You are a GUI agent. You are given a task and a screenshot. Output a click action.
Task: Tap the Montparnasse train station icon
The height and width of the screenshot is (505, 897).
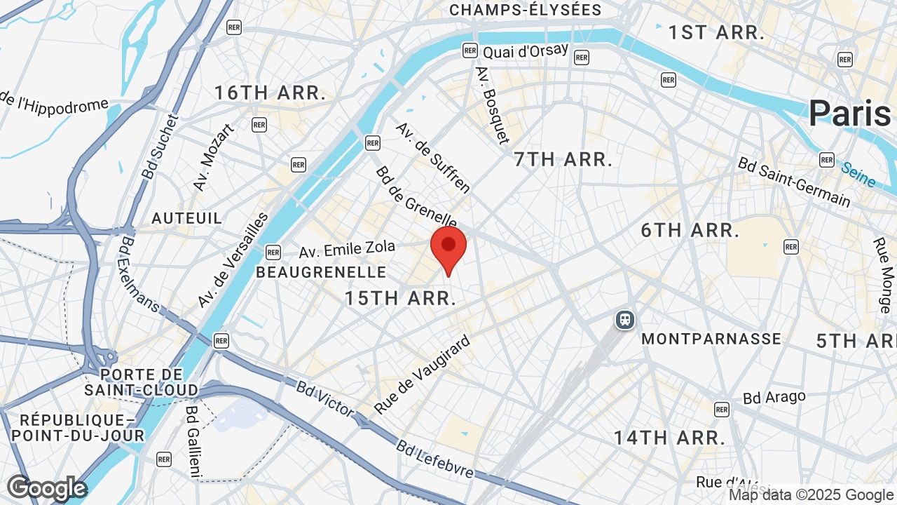(x=624, y=321)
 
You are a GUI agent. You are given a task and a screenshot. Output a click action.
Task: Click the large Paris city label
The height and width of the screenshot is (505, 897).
(x=849, y=114)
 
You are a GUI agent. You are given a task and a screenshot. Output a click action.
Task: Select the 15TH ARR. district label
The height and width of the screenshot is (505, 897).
(x=400, y=298)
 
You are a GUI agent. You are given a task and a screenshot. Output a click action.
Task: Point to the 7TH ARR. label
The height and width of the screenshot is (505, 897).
(x=563, y=159)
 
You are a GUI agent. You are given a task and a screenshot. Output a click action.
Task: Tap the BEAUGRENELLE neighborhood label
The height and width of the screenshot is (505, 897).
(x=321, y=272)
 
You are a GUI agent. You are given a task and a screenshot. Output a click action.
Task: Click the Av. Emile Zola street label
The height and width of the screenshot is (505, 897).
(x=347, y=248)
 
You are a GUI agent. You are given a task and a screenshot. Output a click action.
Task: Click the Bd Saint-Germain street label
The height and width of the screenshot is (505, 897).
(x=793, y=182)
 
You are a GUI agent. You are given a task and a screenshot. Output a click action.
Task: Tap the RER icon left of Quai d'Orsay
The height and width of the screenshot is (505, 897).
(x=470, y=50)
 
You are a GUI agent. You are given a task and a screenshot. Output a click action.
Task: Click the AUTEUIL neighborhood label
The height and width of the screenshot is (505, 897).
(x=187, y=218)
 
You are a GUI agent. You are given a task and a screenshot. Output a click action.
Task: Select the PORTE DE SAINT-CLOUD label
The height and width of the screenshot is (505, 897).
(x=142, y=382)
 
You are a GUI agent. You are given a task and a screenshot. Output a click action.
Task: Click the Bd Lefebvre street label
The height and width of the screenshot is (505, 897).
(x=434, y=459)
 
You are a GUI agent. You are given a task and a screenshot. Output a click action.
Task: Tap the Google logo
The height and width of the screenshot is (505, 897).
(x=46, y=488)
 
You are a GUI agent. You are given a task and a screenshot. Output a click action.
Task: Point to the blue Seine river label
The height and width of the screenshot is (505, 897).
(x=858, y=175)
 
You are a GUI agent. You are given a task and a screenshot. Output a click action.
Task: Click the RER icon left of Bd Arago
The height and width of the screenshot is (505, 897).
(x=722, y=409)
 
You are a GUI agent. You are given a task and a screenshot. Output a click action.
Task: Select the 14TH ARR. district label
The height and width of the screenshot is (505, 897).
(x=669, y=438)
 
